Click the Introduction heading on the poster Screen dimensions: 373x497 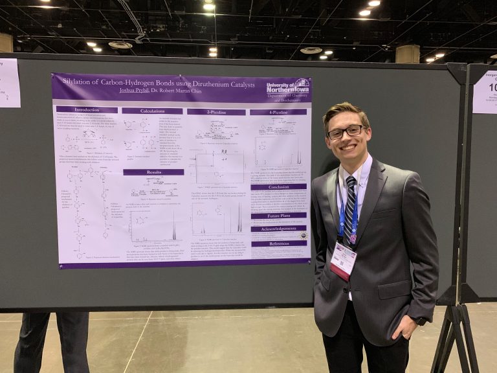[x=87, y=109]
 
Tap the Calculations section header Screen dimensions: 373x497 [x=152, y=111]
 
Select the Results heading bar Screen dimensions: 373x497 [x=153, y=172]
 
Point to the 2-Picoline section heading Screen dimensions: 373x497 [x=216, y=112]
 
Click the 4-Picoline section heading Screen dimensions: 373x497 [x=278, y=112]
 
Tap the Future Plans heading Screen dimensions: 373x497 [x=278, y=215]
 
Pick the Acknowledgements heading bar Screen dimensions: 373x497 [x=278, y=229]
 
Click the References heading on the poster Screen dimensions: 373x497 [x=278, y=243]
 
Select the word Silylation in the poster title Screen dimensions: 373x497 [x=84, y=82]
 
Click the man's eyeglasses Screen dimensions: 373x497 [x=346, y=132]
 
